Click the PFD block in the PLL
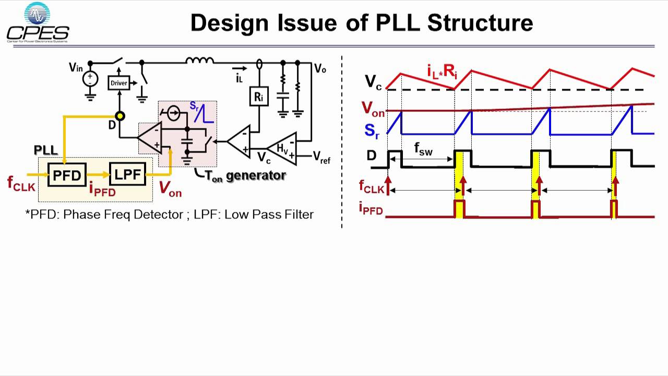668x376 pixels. [x=67, y=175]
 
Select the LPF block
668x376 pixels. [x=127, y=174]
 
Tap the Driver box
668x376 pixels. [x=119, y=83]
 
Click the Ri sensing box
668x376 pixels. [x=259, y=96]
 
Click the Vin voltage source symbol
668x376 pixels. [x=91, y=79]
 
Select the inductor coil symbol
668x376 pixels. [x=200, y=61]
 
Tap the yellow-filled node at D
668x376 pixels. [x=120, y=116]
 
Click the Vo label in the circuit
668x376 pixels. [x=320, y=68]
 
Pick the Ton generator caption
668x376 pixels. [x=245, y=176]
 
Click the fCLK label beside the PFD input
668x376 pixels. [x=20, y=183]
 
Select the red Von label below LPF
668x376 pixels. [x=170, y=189]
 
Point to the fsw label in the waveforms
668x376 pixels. [x=423, y=149]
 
